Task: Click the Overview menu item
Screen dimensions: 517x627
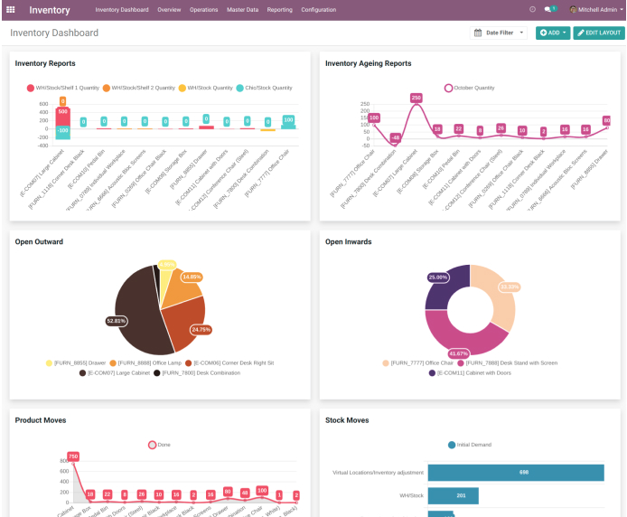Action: click(169, 9)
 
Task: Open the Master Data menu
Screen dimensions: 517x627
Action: click(242, 9)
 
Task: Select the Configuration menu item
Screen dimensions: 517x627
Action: click(319, 9)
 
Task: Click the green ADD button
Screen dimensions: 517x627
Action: click(553, 33)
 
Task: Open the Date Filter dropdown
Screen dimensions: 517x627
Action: click(500, 33)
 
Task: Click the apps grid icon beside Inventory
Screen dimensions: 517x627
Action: click(11, 10)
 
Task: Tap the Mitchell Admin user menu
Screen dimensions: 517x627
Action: click(596, 9)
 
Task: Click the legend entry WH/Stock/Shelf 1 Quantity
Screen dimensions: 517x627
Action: click(63, 88)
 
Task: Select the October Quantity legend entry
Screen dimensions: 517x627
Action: click(470, 88)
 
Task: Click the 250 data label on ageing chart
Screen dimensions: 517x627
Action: click(416, 98)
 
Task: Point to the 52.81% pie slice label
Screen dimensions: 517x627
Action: click(116, 320)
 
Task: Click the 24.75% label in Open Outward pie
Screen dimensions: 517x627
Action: click(201, 329)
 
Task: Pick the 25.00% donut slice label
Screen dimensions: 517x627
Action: click(438, 277)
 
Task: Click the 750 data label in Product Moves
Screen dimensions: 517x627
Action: click(73, 456)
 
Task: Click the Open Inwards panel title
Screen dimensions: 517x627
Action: click(348, 242)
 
